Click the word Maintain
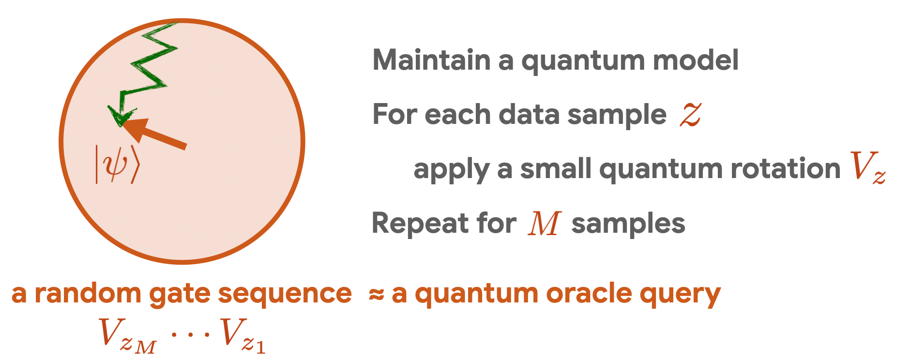432,60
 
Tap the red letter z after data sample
690,115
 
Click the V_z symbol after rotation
868,167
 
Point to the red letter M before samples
545,224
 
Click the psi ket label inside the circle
117,165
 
